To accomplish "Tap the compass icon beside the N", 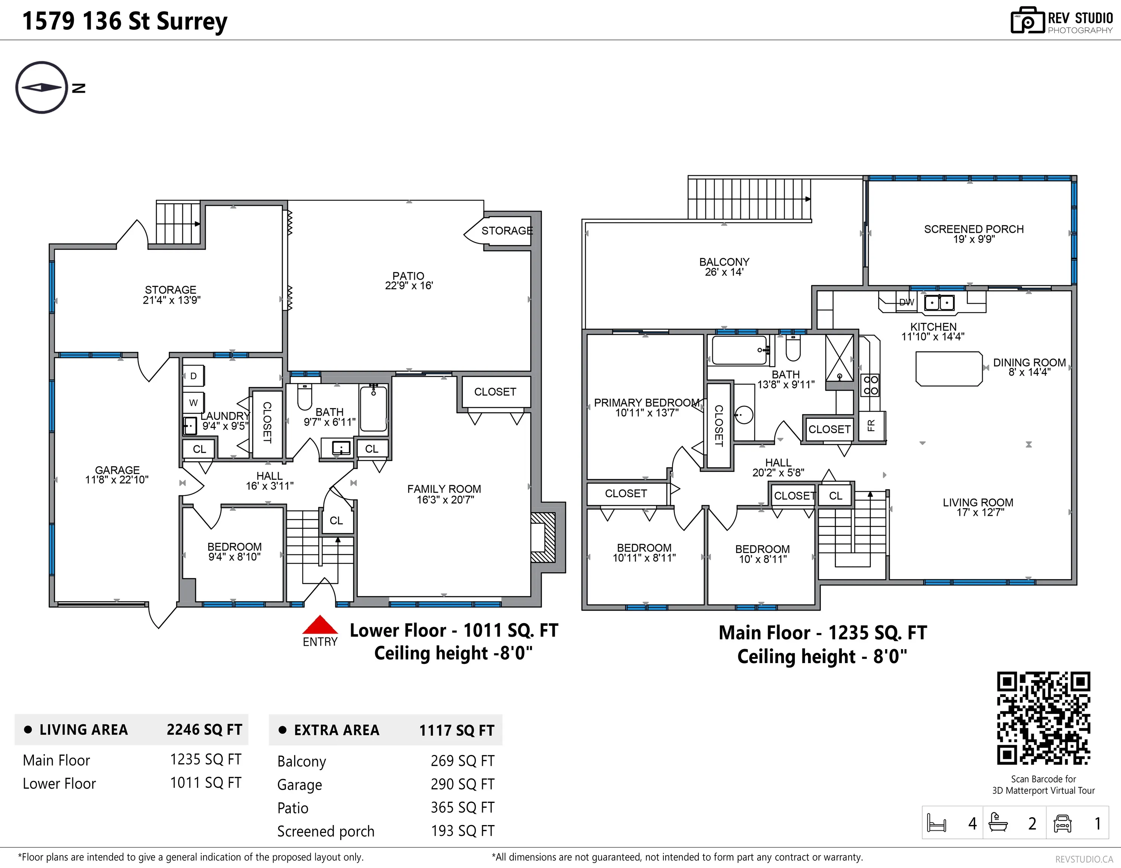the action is (41, 87).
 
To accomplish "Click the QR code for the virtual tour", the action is (1043, 718).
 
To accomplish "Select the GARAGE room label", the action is (117, 474).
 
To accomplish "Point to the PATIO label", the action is (409, 281).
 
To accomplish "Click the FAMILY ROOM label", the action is (444, 494).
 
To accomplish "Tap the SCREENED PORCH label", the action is (974, 234).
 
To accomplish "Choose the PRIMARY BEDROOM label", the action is (647, 407).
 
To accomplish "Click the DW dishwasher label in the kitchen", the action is (906, 303).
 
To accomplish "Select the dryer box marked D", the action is (194, 376).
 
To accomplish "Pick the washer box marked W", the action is (194, 402).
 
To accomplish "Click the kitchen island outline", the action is (949, 368).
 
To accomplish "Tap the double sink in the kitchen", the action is (939, 303).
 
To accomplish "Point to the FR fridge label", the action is (871, 425).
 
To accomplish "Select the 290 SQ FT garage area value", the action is (463, 784).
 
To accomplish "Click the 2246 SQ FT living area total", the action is (204, 729).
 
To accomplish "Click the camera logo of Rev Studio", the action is (1028, 21).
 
